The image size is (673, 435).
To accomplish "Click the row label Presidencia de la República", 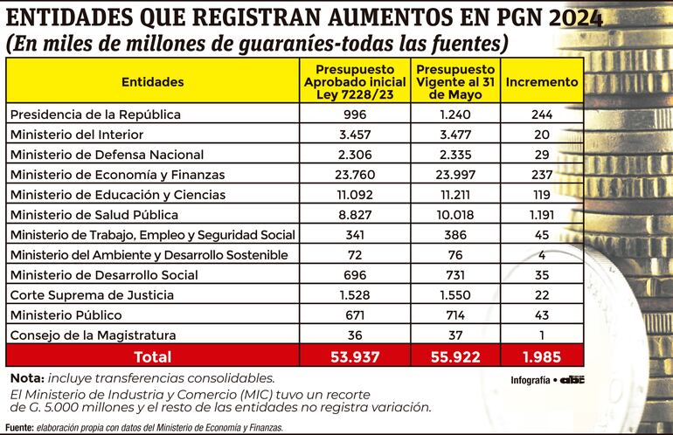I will [94, 114].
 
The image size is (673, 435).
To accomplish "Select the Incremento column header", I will [542, 82].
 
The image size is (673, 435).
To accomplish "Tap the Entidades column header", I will [153, 82].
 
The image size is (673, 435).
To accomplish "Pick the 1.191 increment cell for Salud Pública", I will [542, 215].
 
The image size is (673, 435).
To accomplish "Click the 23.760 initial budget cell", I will [355, 175].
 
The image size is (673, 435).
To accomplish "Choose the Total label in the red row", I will [152, 356].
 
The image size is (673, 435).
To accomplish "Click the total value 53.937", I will [355, 356].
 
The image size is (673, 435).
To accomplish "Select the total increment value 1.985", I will [542, 356].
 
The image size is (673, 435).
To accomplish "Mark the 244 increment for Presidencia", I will [542, 114].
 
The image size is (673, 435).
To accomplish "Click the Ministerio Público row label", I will [66, 315].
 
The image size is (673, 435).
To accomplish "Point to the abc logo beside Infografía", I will [572, 380].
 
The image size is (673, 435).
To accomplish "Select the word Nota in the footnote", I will [25, 378].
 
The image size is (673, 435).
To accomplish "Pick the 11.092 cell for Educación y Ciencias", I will [355, 195].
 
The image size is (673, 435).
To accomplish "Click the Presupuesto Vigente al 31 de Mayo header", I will [456, 82].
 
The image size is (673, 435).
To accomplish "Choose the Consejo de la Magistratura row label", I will [92, 335].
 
